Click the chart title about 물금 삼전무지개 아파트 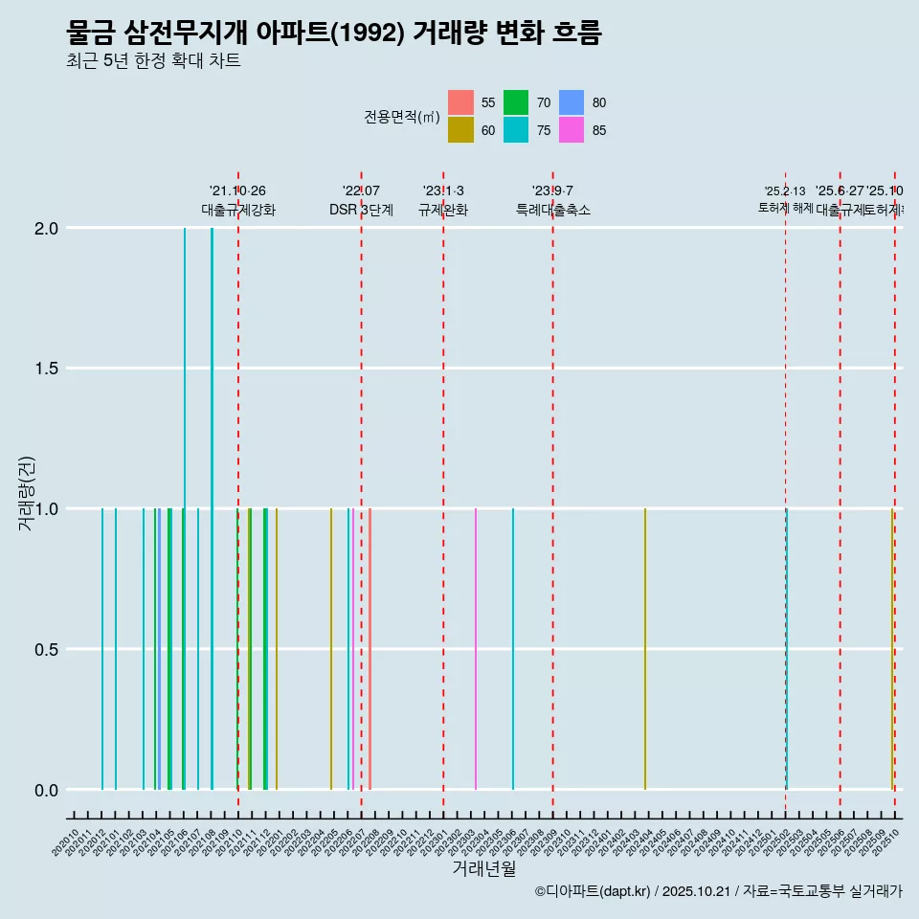(x=334, y=34)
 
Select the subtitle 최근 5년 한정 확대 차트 (x=153, y=61)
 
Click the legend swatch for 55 (x=460, y=102)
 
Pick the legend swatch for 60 (x=460, y=130)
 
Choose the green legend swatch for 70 (x=516, y=102)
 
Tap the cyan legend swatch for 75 (x=516, y=130)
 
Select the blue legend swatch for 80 (x=572, y=102)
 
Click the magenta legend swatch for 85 (x=572, y=130)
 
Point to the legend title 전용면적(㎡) (x=401, y=117)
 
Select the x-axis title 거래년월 (x=484, y=868)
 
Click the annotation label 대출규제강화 (x=238, y=210)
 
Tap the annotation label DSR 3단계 (x=361, y=210)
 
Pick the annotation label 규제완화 (x=443, y=210)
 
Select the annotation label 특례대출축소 (x=553, y=210)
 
